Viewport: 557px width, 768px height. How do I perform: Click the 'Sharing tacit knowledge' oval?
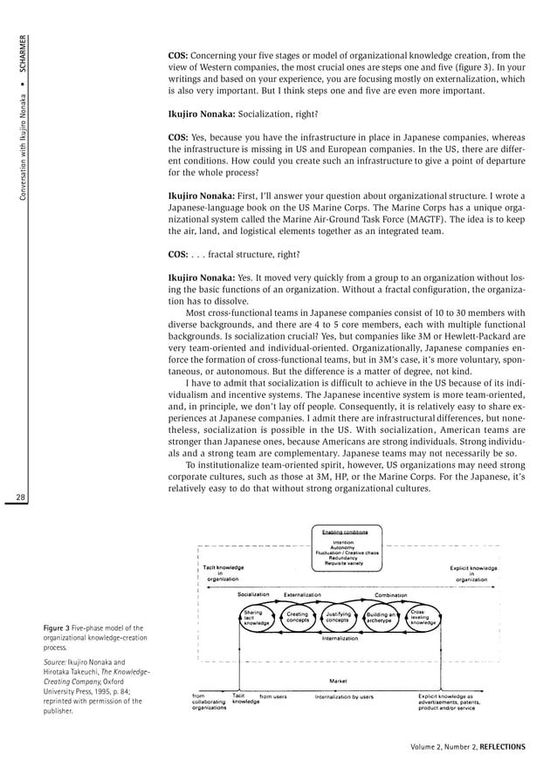pos(255,618)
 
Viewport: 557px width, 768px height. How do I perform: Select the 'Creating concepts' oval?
pos(298,618)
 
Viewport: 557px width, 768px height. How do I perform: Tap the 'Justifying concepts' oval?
pos(339,618)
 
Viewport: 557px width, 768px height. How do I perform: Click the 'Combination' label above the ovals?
pos(391,594)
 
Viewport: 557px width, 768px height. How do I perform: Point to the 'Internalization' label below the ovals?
pos(340,639)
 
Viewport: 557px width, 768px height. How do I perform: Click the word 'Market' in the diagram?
pos(340,681)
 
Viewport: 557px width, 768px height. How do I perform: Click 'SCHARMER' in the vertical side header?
pos(26,54)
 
